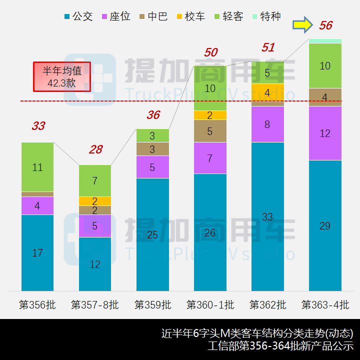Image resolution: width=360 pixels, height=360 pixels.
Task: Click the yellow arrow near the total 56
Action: pyautogui.click(x=302, y=24)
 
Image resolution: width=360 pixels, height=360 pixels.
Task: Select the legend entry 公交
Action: pyautogui.click(x=79, y=16)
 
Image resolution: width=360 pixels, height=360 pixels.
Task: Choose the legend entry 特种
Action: pyautogui.click(x=266, y=16)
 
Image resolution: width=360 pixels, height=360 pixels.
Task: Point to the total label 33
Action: pyautogui.click(x=38, y=126)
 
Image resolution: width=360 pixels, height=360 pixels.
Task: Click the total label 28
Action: pyautogui.click(x=95, y=149)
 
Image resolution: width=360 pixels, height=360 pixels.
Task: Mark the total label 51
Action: pyautogui.click(x=268, y=47)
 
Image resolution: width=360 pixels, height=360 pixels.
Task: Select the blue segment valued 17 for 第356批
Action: pyautogui.click(x=37, y=252)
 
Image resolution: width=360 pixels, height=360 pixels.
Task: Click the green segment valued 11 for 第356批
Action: pyautogui.click(x=37, y=167)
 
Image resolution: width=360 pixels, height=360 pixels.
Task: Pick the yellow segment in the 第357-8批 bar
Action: pyautogui.click(x=95, y=201)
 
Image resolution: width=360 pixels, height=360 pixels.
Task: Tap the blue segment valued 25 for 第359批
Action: pyautogui.click(x=152, y=234)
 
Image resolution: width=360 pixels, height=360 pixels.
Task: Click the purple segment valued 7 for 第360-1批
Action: pyautogui.click(x=210, y=158)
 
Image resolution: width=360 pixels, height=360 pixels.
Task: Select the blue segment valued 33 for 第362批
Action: pyautogui.click(x=267, y=216)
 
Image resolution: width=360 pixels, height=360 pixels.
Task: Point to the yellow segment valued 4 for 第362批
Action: pyautogui.click(x=267, y=92)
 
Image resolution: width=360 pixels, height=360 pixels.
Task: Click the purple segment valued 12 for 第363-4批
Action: pyautogui.click(x=325, y=133)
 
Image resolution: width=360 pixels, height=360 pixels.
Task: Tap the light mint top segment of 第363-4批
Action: pyautogui.click(x=325, y=41)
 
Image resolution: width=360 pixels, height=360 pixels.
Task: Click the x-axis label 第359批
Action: pyautogui.click(x=152, y=304)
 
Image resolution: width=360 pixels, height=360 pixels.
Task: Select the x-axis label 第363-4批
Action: pyautogui.click(x=325, y=304)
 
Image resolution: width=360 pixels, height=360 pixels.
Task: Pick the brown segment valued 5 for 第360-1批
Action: pyautogui.click(x=210, y=131)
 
